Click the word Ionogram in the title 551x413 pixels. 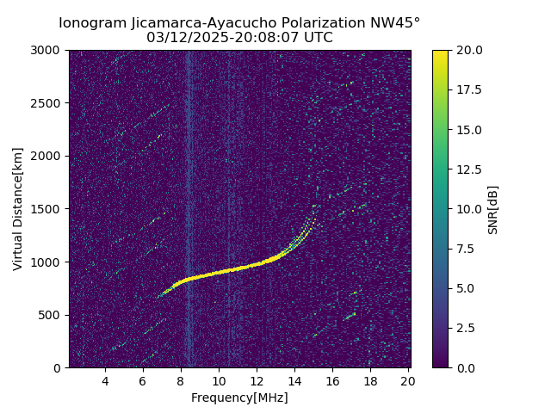(x=90, y=23)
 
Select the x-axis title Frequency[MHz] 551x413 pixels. (x=239, y=398)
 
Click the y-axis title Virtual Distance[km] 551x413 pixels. (x=18, y=208)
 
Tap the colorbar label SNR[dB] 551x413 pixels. (x=493, y=209)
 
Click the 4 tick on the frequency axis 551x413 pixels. (x=105, y=381)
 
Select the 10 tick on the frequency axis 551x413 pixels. (x=219, y=381)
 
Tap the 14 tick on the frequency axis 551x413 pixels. (x=294, y=381)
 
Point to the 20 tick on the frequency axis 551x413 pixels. (x=408, y=381)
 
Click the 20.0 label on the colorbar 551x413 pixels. (x=468, y=50)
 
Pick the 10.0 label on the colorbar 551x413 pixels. (x=468, y=209)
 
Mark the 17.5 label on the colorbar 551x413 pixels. (x=468, y=89)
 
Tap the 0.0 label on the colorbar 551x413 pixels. (x=466, y=367)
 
